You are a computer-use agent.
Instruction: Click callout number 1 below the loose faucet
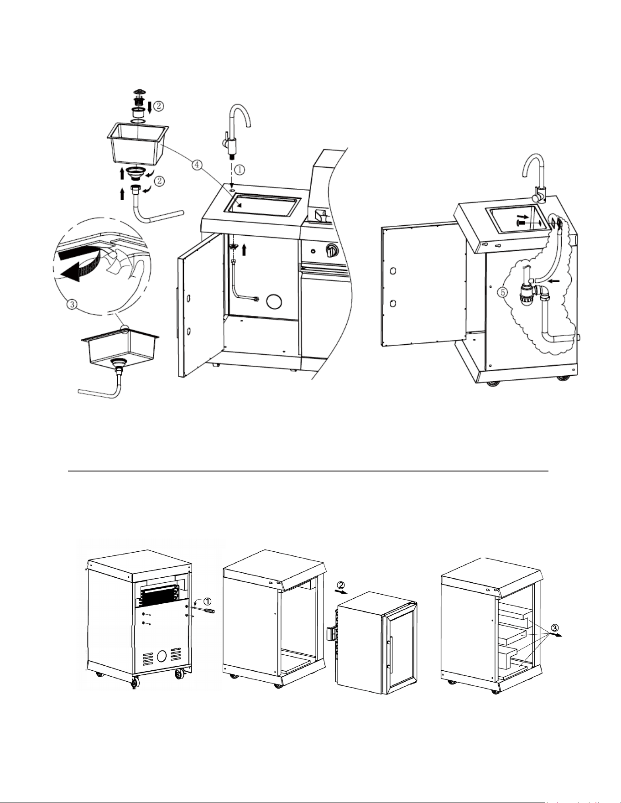(240, 169)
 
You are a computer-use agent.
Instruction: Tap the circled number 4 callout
(197, 166)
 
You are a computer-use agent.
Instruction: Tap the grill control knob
(331, 250)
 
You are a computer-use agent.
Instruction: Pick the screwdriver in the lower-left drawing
(204, 608)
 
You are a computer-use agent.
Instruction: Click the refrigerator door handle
(389, 654)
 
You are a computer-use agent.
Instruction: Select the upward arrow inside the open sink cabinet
(245, 249)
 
